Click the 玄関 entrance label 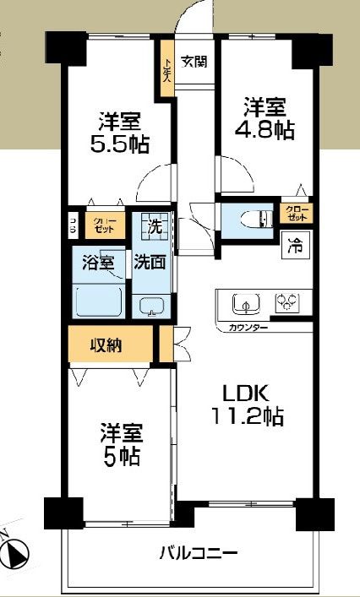pos(194,61)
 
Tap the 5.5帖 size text pos(120,144)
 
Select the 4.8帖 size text pos(265,130)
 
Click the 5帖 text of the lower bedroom pos(118,458)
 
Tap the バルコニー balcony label pos(199,554)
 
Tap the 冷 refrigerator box pos(294,248)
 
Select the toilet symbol pos(254,220)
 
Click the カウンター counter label pos(247,326)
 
